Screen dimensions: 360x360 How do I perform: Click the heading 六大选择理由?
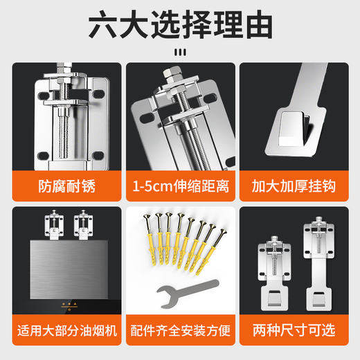pos(180,26)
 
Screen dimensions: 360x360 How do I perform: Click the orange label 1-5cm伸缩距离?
pos(179,188)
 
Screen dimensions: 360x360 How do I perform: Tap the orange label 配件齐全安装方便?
pos(179,330)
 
